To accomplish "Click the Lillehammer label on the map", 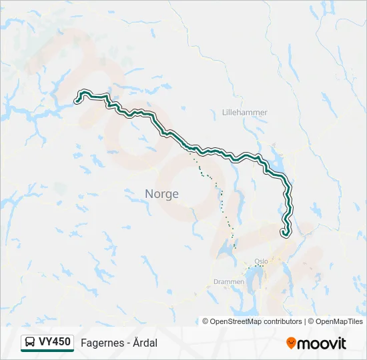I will point(245,113).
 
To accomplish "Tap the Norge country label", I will point(161,194).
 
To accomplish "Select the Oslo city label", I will point(261,261).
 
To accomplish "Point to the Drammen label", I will point(229,282).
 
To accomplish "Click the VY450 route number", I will point(55,342).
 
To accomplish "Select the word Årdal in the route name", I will point(146,343).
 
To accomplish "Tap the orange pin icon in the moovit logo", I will point(291,343).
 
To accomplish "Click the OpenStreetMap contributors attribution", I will point(252,321).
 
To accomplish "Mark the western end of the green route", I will point(77,101).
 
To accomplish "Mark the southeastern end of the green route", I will point(285,233).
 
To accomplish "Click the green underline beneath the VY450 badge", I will point(47,351).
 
